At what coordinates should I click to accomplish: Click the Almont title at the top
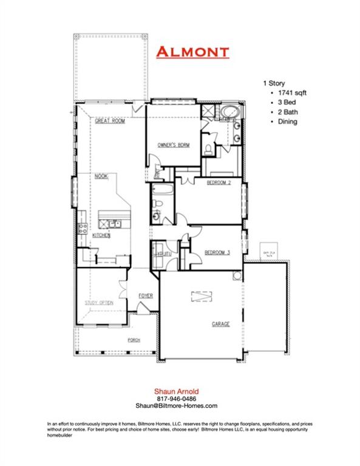[x=192, y=52]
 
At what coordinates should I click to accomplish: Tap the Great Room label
[x=110, y=121]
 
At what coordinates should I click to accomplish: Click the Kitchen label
[x=101, y=235]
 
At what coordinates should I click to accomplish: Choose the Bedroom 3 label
[x=217, y=252]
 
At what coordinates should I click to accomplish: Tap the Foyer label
[x=145, y=295]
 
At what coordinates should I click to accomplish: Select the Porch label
[x=134, y=340]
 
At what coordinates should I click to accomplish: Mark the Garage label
[x=220, y=324]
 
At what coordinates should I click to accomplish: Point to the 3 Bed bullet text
[x=280, y=103]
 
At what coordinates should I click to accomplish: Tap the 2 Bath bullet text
[x=281, y=112]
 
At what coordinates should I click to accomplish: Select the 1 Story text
[x=274, y=83]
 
